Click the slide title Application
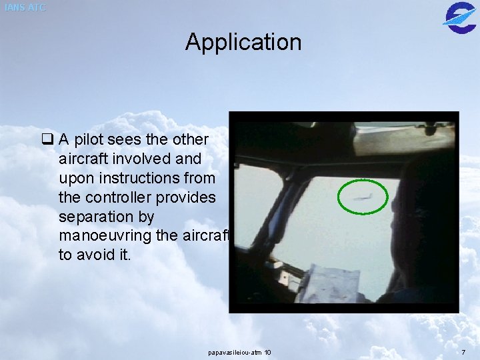[243, 42]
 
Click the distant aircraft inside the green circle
[361, 196]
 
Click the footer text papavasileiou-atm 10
[239, 351]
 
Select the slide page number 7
[463, 351]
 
